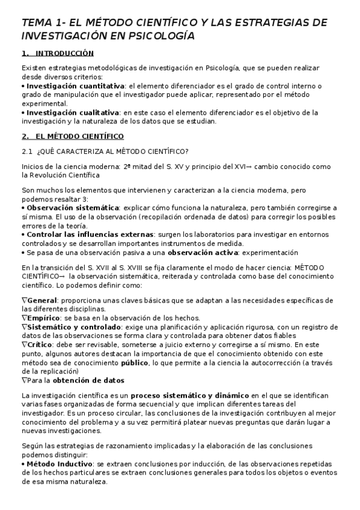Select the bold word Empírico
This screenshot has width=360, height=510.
(43, 318)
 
